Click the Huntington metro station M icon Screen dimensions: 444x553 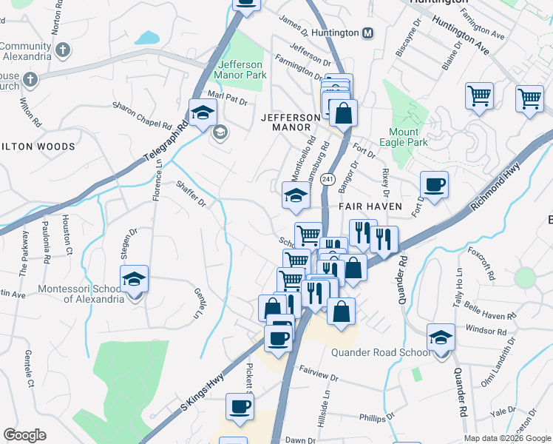[368, 33]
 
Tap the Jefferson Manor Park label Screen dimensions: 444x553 [240, 70]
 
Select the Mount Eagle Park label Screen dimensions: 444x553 [404, 137]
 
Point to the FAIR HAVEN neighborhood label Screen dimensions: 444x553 [371, 206]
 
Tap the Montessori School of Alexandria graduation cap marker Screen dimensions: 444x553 [134, 279]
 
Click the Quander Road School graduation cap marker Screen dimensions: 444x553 [441, 337]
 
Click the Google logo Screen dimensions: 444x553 [25, 435]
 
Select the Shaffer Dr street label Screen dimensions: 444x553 [190, 193]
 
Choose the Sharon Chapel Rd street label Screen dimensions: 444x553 [142, 115]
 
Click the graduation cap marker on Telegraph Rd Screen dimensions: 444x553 [200, 113]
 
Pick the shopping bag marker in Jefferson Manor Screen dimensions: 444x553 [343, 113]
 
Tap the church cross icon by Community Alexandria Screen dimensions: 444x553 [63, 50]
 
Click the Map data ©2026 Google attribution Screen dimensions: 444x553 [507, 438]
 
